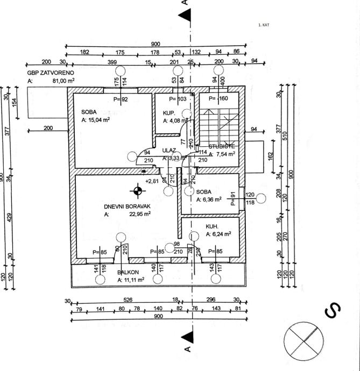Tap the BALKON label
pos(129,273)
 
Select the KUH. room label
pos(213,226)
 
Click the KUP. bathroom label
pos(170,113)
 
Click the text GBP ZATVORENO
pos(51,72)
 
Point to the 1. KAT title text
pos(264,25)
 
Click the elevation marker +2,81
pos(152,181)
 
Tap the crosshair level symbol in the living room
pos(138,190)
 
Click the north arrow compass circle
pos(305,340)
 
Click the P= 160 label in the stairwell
pos(219,99)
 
